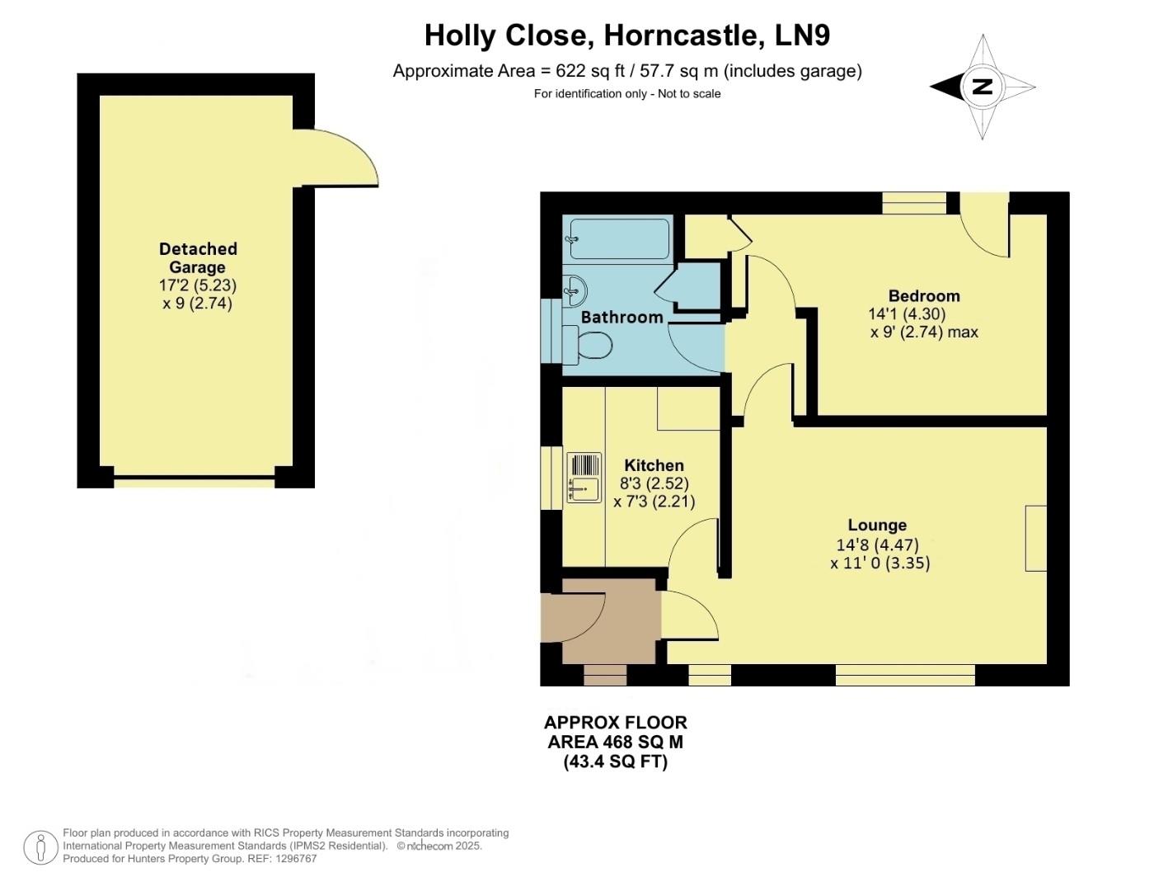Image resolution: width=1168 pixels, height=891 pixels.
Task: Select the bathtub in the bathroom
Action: (618, 238)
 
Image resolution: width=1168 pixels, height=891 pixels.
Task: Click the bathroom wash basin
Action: (575, 290)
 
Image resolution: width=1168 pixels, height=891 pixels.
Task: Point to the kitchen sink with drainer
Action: (584, 478)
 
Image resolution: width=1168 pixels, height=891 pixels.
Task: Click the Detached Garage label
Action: (198, 257)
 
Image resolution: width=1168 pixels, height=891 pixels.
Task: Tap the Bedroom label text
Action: (923, 296)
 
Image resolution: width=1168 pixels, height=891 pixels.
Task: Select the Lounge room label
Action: (877, 526)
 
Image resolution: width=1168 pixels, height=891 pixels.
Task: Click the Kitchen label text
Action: (654, 465)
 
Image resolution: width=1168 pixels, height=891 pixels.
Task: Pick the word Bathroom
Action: (622, 318)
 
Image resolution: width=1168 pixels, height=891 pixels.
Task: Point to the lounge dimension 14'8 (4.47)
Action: (877, 545)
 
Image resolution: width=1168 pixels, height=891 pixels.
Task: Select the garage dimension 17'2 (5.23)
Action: (198, 285)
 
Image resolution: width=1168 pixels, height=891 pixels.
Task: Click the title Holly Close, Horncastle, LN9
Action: (626, 35)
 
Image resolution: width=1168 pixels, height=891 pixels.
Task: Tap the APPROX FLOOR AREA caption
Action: (615, 742)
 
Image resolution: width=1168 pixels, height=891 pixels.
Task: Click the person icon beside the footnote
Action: (40, 847)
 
